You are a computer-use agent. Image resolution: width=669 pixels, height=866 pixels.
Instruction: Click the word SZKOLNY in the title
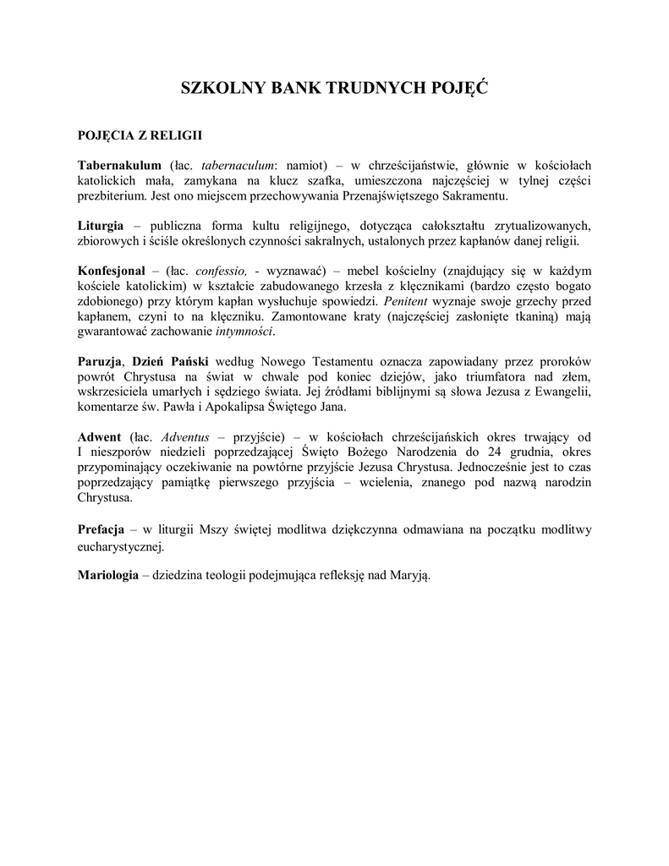click(222, 88)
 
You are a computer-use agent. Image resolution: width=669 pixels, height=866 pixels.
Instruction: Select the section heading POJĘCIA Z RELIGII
click(139, 134)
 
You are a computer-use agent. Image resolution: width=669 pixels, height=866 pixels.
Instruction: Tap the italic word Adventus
click(184, 436)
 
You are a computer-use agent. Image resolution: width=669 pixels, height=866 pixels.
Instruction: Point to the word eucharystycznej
click(120, 546)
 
